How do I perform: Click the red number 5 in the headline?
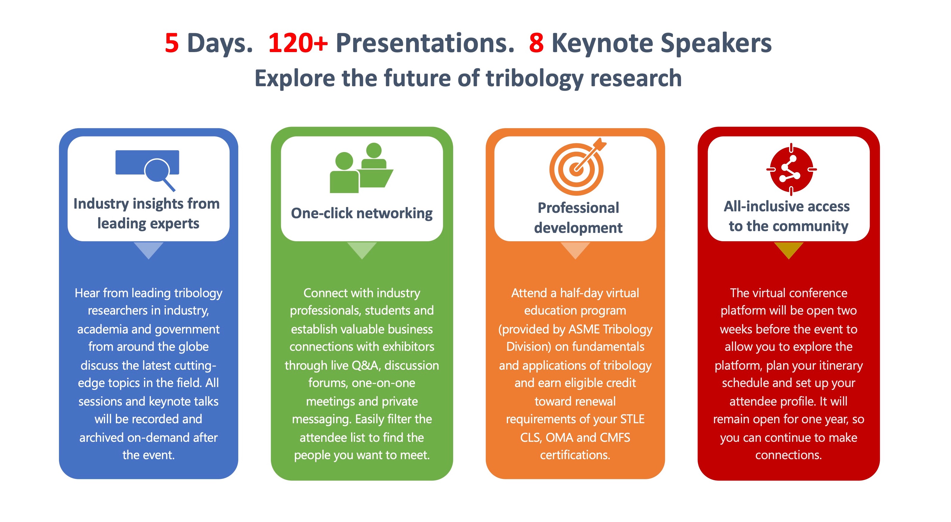point(172,43)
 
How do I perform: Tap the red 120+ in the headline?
point(298,43)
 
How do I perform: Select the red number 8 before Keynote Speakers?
point(536,43)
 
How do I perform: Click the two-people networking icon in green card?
point(361,168)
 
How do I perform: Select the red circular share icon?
point(791,169)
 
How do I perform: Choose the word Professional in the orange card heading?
point(578,208)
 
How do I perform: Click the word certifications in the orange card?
point(574,455)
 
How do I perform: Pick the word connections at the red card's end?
point(788,455)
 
